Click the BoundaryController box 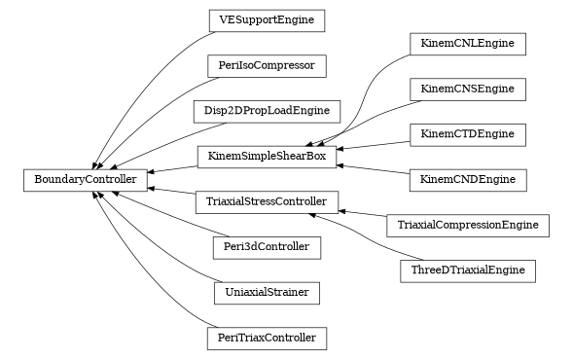pos(87,179)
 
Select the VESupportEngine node pos(267,19)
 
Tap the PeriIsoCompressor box pos(267,66)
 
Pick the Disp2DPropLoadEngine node pos(267,110)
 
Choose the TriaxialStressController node pos(267,202)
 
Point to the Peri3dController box pos(267,247)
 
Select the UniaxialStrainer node pos(267,291)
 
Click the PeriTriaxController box pos(267,339)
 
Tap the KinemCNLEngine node pos(467,44)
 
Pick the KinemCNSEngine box pos(467,90)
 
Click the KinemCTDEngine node pos(467,134)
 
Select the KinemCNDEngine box pos(467,179)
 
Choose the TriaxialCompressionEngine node pos(467,226)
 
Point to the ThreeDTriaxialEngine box pos(467,270)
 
